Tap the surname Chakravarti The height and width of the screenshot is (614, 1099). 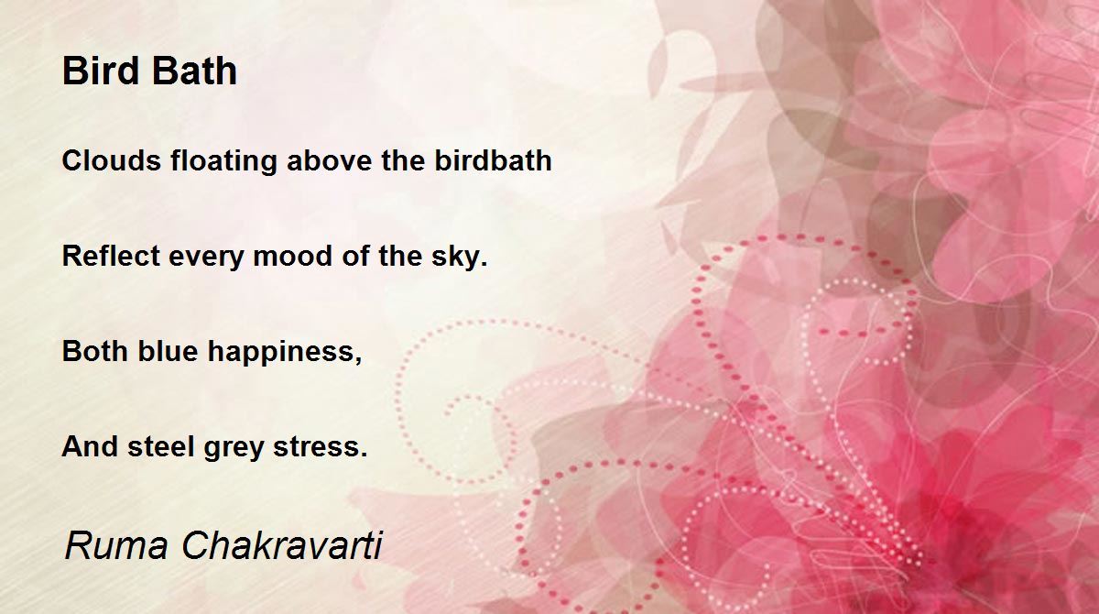pos(281,546)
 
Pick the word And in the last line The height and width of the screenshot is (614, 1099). pos(89,447)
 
